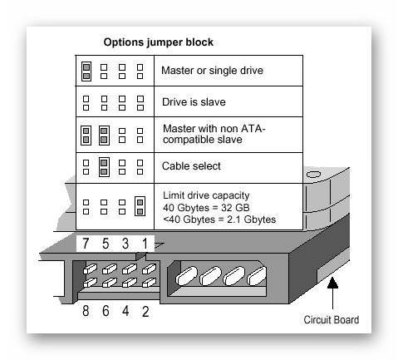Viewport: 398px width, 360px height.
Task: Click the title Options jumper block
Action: (x=159, y=42)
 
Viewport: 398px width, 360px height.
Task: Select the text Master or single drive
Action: (x=212, y=71)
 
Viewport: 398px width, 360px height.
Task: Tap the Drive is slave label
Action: (x=194, y=102)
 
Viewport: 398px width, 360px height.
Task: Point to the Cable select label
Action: (x=191, y=166)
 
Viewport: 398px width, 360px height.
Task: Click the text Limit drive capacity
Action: (x=206, y=195)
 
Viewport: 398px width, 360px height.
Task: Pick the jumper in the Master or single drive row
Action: (x=86, y=72)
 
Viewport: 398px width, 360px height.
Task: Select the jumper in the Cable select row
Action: (x=104, y=167)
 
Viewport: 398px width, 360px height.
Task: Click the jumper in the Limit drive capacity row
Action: (x=140, y=206)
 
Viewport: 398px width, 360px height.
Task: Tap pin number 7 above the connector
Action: (x=86, y=244)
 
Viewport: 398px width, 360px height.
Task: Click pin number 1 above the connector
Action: (x=145, y=244)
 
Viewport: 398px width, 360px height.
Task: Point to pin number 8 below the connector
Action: (x=86, y=311)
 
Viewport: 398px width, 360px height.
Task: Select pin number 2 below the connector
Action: (x=145, y=311)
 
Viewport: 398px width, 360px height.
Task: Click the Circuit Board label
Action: (x=332, y=320)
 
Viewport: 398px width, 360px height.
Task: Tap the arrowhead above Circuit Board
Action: (x=332, y=283)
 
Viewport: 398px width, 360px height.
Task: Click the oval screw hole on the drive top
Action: (x=313, y=175)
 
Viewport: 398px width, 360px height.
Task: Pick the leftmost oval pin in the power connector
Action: (x=187, y=276)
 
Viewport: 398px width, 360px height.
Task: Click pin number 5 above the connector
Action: (x=106, y=244)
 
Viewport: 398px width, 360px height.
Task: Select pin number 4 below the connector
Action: (x=125, y=311)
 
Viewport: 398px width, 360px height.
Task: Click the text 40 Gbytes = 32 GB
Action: (x=206, y=208)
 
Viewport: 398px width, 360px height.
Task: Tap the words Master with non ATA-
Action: (x=214, y=129)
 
